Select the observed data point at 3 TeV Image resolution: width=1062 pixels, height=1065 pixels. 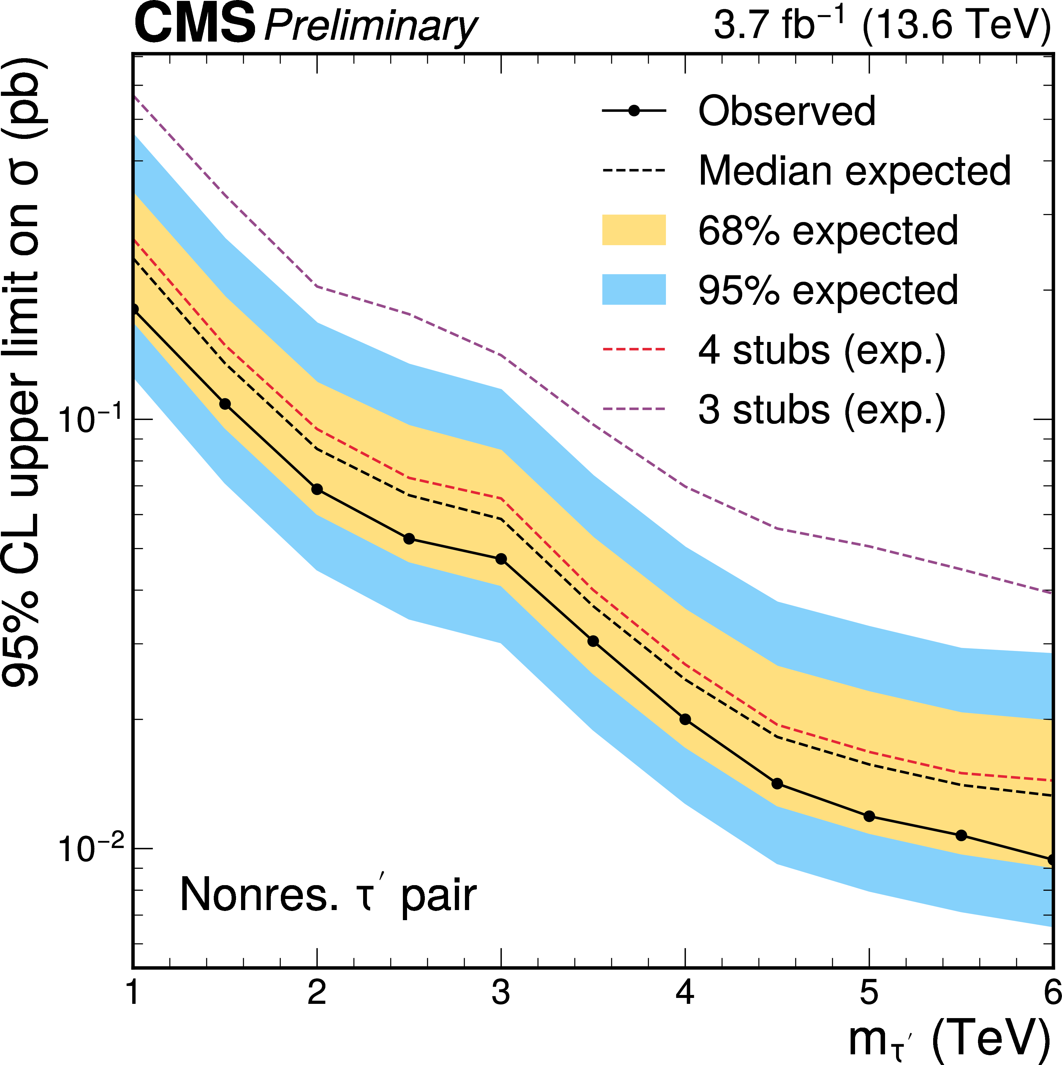point(501,559)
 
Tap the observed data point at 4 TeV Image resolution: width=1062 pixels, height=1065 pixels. point(685,719)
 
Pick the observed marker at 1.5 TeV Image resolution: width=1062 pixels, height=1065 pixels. point(225,404)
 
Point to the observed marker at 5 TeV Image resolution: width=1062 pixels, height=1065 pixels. point(869,816)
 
